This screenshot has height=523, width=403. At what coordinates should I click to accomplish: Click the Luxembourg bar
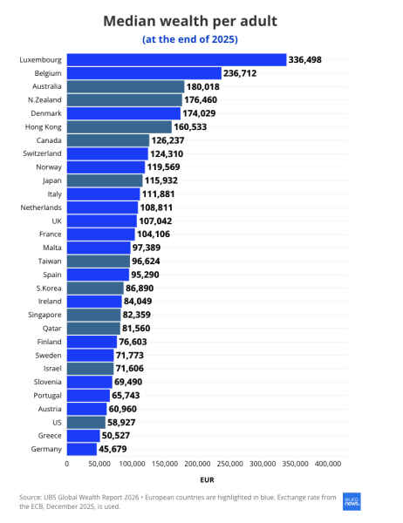pyautogui.click(x=176, y=60)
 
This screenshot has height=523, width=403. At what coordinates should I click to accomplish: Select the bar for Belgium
pyautogui.click(x=144, y=73)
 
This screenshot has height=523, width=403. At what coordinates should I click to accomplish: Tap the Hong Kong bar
pyautogui.click(x=120, y=127)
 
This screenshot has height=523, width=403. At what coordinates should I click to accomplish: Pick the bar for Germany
pyautogui.click(x=82, y=449)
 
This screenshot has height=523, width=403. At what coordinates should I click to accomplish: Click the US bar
pyautogui.click(x=86, y=423)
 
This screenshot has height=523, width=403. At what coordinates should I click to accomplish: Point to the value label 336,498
pyautogui.click(x=304, y=60)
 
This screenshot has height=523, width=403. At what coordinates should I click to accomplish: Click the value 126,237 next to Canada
pyautogui.click(x=168, y=140)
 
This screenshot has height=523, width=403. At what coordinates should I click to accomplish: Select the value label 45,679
pyautogui.click(x=113, y=449)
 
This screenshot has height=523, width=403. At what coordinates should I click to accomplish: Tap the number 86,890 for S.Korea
pyautogui.click(x=140, y=289)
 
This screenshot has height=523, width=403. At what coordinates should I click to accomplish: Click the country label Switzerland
pyautogui.click(x=42, y=153)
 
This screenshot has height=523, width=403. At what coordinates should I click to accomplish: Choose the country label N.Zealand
pyautogui.click(x=44, y=100)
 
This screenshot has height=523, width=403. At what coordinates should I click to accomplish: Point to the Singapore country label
pyautogui.click(x=44, y=315)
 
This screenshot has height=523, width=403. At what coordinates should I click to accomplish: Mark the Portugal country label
pyautogui.click(x=47, y=396)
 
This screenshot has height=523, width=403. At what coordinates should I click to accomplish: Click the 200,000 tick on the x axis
pyautogui.click(x=198, y=464)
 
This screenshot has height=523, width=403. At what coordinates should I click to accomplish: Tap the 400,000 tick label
pyautogui.click(x=328, y=464)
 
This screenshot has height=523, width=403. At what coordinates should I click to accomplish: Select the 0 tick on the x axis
pyautogui.click(x=67, y=464)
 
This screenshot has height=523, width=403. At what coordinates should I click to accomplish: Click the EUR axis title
pyautogui.click(x=207, y=480)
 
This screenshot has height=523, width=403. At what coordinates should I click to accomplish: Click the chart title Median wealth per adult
pyautogui.click(x=190, y=21)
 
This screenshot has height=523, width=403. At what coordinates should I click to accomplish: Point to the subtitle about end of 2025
pyautogui.click(x=190, y=39)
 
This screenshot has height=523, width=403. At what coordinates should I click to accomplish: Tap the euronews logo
pyautogui.click(x=352, y=502)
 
